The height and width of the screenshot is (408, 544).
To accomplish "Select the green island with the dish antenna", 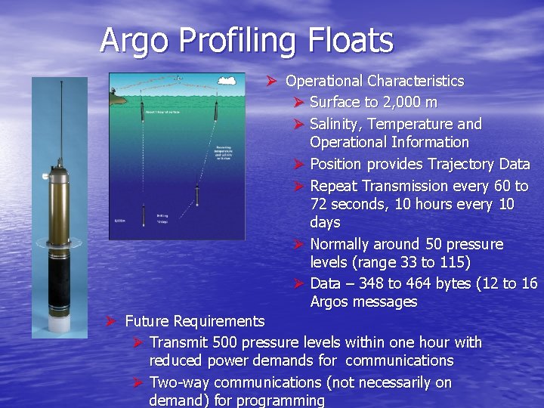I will click(x=118, y=94).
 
